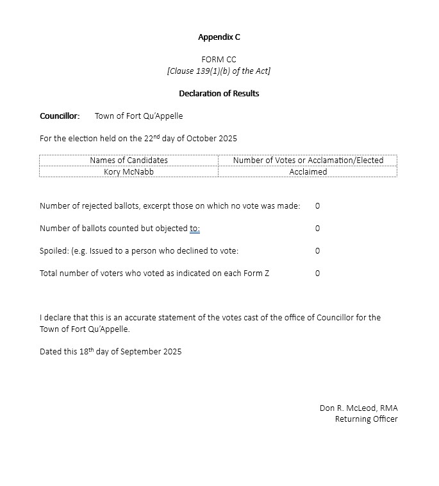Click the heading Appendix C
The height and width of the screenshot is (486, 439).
(x=219, y=37)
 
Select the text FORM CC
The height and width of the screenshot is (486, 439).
(x=219, y=60)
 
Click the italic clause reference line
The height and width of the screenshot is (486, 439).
(x=219, y=71)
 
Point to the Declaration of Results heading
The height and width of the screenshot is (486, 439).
(x=219, y=94)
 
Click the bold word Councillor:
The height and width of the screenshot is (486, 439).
(x=60, y=116)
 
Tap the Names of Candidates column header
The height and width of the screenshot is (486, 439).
(x=128, y=161)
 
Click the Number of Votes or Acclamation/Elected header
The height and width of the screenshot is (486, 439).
(x=308, y=161)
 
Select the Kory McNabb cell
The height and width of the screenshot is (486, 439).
(x=128, y=172)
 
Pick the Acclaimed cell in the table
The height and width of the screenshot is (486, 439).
(x=308, y=172)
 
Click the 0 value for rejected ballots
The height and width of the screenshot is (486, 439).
(x=317, y=206)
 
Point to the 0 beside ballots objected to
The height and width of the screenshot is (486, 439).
(x=317, y=229)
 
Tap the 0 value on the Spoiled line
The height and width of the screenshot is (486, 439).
(x=317, y=251)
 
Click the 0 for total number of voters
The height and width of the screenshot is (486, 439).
(x=317, y=273)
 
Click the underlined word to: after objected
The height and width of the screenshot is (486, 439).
(x=195, y=229)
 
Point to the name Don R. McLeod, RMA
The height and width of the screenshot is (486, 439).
(x=358, y=408)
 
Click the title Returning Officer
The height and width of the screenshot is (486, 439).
(x=366, y=419)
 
